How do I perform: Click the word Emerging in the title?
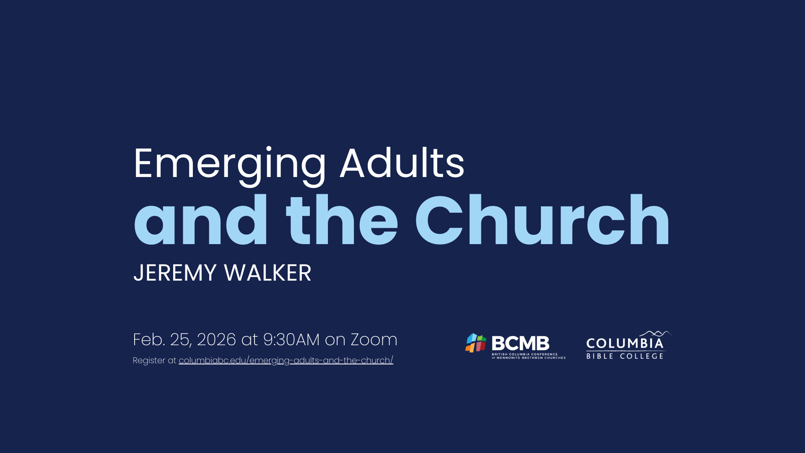230,166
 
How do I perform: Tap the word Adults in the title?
402,163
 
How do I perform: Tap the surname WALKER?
267,273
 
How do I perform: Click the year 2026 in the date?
216,339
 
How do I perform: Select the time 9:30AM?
291,339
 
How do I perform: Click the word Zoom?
374,339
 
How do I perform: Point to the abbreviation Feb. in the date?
149,339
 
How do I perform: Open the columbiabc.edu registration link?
286,361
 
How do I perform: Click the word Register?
149,361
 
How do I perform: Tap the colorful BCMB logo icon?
476,343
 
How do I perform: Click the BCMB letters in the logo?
520,344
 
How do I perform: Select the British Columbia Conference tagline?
529,356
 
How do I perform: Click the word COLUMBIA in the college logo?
625,344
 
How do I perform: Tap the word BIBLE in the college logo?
600,356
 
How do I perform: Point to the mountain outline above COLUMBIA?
655,334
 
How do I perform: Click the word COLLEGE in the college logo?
642,356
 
